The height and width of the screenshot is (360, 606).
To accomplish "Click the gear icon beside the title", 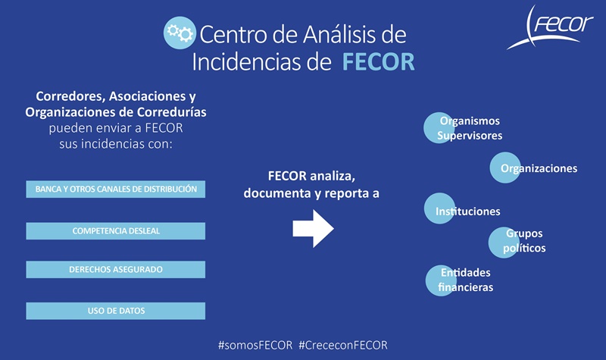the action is tap(180, 33).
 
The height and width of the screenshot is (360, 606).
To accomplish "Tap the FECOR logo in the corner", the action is tap(550, 27).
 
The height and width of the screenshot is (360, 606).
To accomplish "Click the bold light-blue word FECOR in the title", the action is tap(378, 62).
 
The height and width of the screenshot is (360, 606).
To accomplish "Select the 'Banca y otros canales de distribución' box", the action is tap(116, 189).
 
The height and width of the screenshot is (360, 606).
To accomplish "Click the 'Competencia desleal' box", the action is tap(116, 231).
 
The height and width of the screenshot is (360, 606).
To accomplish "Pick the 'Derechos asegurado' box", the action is tap(116, 270).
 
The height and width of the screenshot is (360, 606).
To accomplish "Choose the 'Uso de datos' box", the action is tap(116, 311).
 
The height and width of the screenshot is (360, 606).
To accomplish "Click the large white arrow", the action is tap(313, 229).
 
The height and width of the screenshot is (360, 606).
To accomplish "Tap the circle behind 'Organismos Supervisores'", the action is tap(439, 128).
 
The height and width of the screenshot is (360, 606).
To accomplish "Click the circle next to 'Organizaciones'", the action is tap(505, 167).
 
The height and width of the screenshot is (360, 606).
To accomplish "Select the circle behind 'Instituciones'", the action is tap(439, 208).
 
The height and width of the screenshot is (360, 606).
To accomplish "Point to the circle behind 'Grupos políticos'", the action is tap(504, 243).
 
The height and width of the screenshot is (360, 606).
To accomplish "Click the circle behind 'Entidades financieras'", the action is tap(441, 280).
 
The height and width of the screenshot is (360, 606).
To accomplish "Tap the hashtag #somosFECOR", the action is tap(255, 346).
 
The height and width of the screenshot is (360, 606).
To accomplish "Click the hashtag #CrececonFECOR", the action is tap(343, 346).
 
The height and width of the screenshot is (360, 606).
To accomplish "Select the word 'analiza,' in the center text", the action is tap(333, 177).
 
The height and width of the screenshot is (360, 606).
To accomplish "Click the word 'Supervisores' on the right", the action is tap(470, 136).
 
